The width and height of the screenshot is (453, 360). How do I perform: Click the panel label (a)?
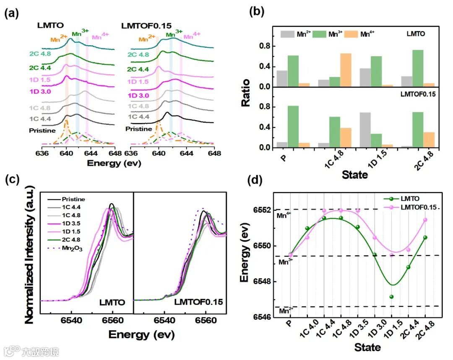pyautogui.click(x=12, y=13)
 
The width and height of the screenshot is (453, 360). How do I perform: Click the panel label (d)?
pyautogui.click(x=257, y=181)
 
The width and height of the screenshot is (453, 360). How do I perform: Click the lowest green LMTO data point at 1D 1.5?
pyautogui.click(x=391, y=297)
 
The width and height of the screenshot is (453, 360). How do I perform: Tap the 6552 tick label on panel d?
pyautogui.click(x=260, y=210)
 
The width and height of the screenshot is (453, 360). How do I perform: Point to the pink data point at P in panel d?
pyautogui.click(x=290, y=255)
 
